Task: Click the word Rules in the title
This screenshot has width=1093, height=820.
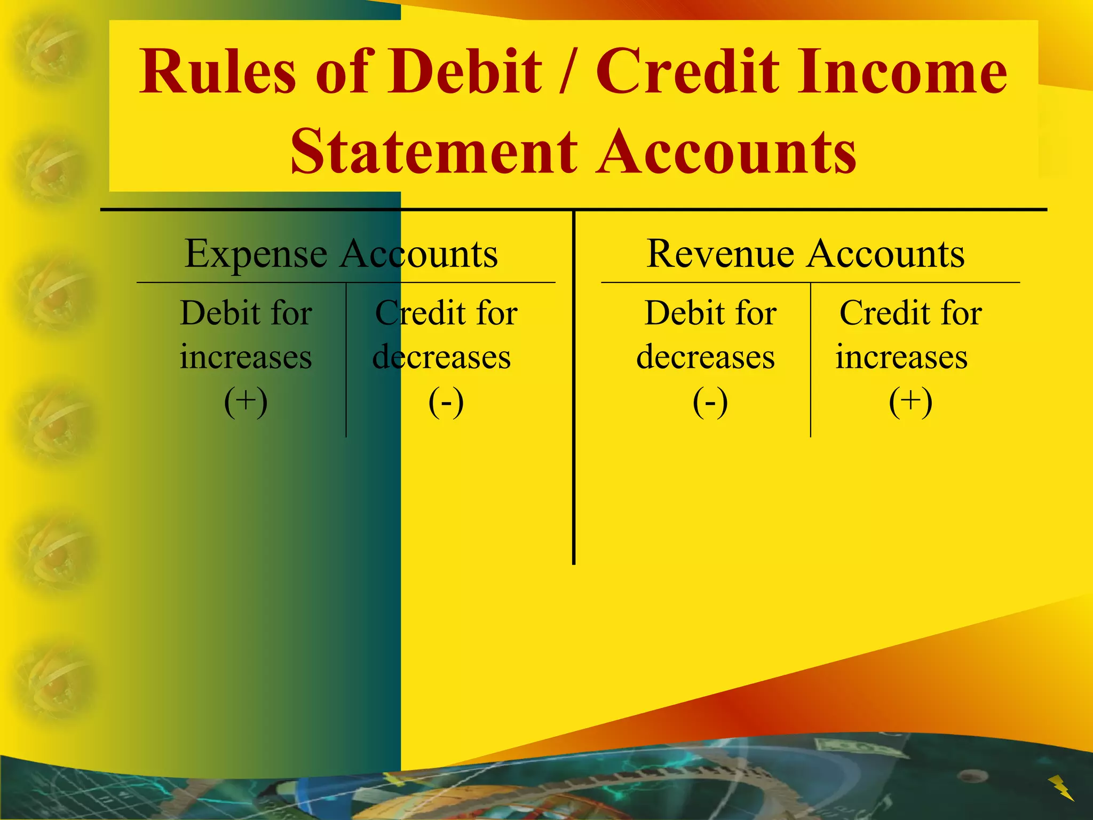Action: pyautogui.click(x=217, y=72)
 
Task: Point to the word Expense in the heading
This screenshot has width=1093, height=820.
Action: pyautogui.click(x=256, y=254)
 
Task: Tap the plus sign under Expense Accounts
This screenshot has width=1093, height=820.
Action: pyautogui.click(x=246, y=401)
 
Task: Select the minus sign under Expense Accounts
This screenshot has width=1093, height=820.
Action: pyautogui.click(x=446, y=402)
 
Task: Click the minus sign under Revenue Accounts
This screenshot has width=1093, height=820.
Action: pyautogui.click(x=710, y=402)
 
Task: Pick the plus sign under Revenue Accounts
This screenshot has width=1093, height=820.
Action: pyautogui.click(x=910, y=401)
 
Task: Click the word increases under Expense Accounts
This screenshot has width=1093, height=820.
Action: pyautogui.click(x=245, y=357)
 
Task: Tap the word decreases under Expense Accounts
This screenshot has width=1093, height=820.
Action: pyautogui.click(x=441, y=357)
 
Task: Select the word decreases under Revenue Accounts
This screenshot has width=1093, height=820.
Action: pyautogui.click(x=706, y=357)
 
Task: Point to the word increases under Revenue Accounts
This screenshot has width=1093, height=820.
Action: pyautogui.click(x=901, y=357)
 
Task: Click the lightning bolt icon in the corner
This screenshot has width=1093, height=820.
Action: pyautogui.click(x=1061, y=788)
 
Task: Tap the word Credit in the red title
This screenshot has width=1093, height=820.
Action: pyautogui.click(x=687, y=72)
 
